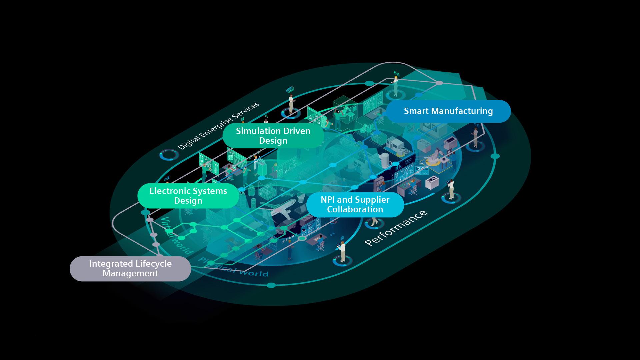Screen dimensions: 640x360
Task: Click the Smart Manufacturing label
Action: point(448,111)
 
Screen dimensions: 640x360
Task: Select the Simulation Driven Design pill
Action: point(273,136)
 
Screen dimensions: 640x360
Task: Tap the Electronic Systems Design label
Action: point(188,196)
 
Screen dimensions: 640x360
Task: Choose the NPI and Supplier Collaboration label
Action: point(355,204)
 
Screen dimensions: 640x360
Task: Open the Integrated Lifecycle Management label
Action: point(130,268)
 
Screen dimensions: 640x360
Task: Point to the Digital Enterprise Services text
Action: point(218,126)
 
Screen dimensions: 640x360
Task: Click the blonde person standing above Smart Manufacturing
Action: point(396,85)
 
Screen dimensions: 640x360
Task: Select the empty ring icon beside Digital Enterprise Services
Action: point(166,155)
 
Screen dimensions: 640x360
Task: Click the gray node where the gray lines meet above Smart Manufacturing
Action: point(440,83)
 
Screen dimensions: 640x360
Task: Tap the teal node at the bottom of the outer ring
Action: point(271,285)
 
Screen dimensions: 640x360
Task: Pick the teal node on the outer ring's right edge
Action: point(495,156)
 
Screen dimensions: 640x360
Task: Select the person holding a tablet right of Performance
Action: point(451,188)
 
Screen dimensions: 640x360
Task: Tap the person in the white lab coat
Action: point(256,163)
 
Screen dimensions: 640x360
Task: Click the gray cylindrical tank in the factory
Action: point(385,160)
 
